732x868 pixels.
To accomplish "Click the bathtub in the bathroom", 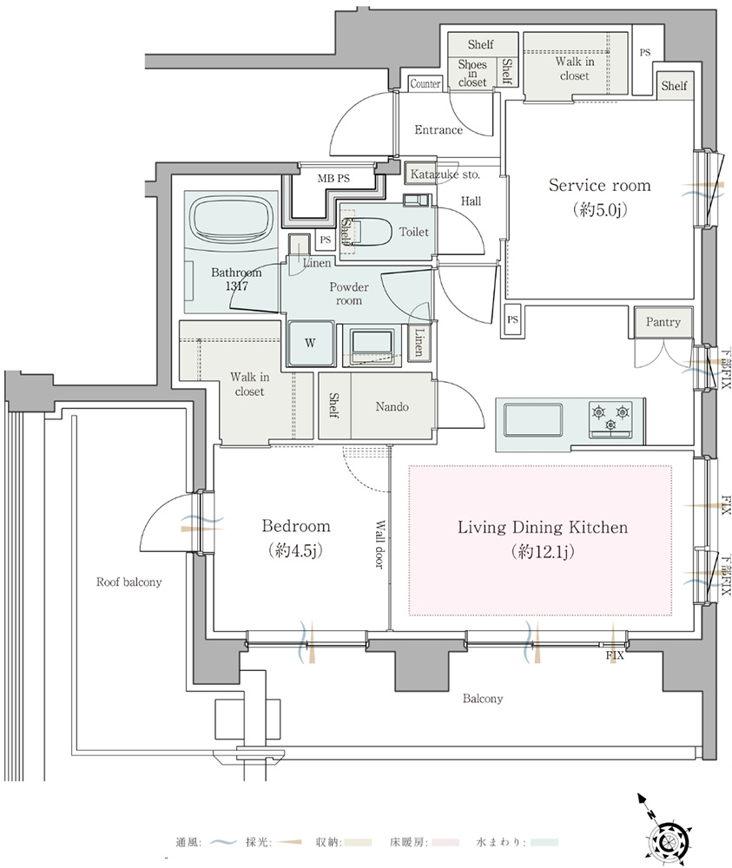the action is point(232,220).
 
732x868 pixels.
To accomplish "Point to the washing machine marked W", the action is point(310,343).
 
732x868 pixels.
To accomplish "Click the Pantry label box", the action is point(663,322).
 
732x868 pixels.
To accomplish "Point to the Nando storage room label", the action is point(392,407).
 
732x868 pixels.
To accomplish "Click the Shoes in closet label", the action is point(472,73).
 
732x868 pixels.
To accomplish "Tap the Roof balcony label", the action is point(129,582).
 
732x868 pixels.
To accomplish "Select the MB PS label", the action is point(333,178).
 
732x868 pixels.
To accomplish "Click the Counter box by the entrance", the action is point(425,83).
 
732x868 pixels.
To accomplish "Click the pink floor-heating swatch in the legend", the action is point(445,843).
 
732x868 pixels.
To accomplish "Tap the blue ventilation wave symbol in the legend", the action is point(224,843).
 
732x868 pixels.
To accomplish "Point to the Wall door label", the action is point(379,544).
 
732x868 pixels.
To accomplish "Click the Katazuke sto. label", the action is point(445,174).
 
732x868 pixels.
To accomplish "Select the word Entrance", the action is point(439,130).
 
